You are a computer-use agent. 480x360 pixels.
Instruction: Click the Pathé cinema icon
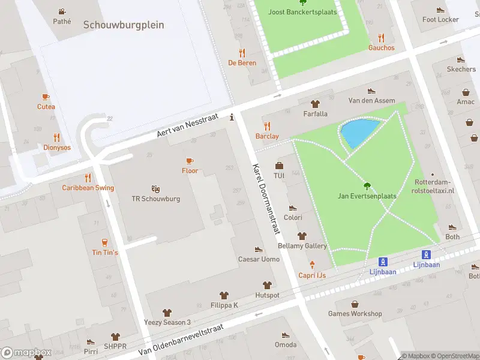[x=62, y=11]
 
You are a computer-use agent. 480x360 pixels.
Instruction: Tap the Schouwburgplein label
[x=124, y=25]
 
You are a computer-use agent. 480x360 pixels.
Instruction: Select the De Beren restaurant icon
[x=242, y=53]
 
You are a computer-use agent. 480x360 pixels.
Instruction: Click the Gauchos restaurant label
[x=381, y=48]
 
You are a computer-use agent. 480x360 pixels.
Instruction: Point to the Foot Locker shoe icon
[x=440, y=10]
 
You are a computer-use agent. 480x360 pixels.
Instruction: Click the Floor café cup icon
[x=190, y=161]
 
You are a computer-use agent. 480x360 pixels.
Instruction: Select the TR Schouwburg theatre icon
[x=155, y=188]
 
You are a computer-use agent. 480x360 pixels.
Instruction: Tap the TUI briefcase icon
[x=278, y=166]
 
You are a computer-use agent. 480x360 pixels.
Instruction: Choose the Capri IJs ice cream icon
[x=312, y=265]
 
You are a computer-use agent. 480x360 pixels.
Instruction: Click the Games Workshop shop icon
[x=355, y=304]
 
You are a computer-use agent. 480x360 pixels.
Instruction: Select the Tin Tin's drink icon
[x=105, y=242]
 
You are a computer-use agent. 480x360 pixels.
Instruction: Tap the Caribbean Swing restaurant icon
[x=88, y=178]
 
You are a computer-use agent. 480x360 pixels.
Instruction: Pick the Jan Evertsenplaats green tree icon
[x=367, y=186]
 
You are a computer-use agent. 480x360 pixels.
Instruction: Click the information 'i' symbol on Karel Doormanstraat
[x=232, y=118]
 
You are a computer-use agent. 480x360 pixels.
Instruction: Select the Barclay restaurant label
[x=267, y=136]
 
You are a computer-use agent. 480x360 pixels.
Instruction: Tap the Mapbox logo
[x=26, y=353]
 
